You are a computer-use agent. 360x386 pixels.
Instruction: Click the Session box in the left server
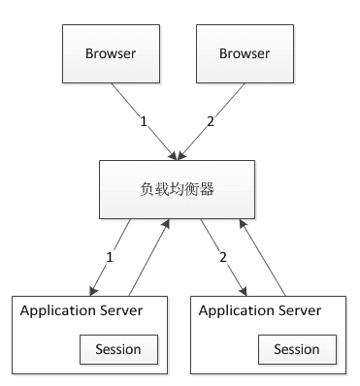click(117, 348)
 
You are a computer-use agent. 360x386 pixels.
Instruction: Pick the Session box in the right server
click(297, 348)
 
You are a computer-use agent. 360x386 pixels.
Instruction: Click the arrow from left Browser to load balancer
click(146, 118)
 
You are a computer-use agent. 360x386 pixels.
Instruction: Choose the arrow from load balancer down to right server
click(222, 254)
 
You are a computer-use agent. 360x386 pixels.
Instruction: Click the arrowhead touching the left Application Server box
click(92, 289)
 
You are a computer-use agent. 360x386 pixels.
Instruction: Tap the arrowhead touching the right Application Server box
click(246, 289)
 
